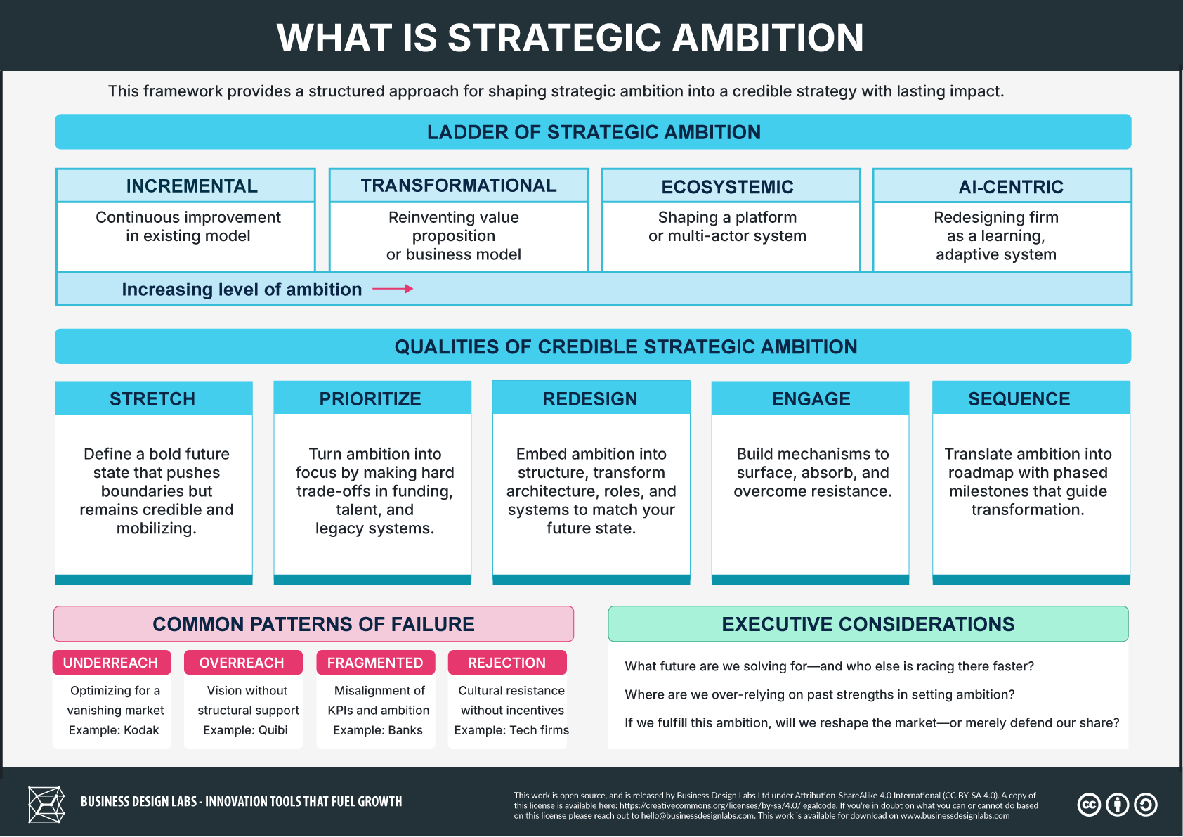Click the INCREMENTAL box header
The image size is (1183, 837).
click(x=192, y=186)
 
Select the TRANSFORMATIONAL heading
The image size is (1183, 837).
click(x=459, y=186)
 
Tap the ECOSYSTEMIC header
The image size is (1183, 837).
click(x=727, y=187)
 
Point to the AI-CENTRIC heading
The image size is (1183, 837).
click(x=1011, y=187)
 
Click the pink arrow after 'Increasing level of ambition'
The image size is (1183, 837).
click(x=393, y=289)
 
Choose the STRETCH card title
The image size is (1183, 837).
click(x=152, y=399)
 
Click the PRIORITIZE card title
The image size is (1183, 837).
click(x=370, y=399)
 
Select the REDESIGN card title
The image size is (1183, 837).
click(x=590, y=399)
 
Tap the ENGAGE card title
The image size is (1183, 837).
click(x=811, y=399)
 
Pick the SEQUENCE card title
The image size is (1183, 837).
click(x=1019, y=399)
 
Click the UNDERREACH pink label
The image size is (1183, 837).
click(x=111, y=663)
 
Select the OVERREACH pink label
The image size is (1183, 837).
click(x=242, y=663)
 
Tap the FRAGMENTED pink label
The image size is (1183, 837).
click(x=375, y=663)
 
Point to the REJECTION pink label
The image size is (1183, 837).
click(x=506, y=663)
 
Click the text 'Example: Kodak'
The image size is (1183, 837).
click(x=114, y=730)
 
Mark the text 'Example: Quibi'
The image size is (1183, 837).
click(x=245, y=730)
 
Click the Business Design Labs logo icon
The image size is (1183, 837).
click(x=46, y=805)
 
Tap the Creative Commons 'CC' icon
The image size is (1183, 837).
click(x=1089, y=805)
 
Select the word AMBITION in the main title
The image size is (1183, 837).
click(x=767, y=38)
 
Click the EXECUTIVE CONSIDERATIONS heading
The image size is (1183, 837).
click(x=868, y=624)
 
